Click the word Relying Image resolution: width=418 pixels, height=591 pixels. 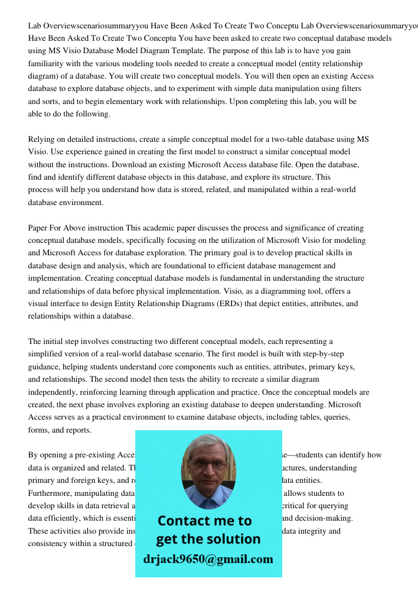pos(42,139)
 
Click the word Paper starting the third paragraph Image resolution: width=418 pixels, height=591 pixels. pos(38,228)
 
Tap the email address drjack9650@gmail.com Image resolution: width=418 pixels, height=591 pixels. pos(208,558)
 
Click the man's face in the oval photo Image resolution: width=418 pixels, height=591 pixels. pos(208,472)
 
